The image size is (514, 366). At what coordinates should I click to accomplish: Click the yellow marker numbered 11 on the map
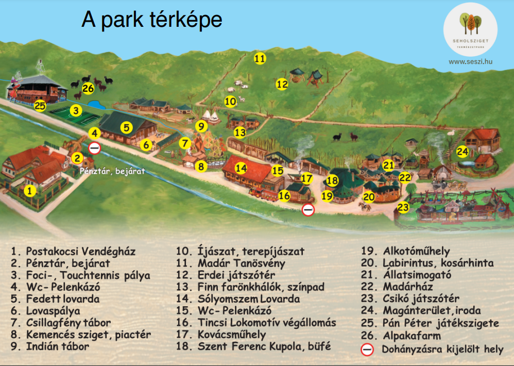(260, 59)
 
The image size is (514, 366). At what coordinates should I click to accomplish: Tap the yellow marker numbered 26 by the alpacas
(88, 89)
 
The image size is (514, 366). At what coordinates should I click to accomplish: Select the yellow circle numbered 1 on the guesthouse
(30, 191)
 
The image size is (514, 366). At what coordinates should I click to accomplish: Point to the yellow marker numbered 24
(462, 152)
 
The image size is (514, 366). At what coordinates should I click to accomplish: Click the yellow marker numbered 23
(403, 208)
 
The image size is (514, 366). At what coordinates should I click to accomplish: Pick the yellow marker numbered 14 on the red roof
(242, 168)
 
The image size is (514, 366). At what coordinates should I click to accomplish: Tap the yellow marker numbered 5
(126, 126)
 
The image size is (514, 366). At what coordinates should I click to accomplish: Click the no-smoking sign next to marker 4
(95, 148)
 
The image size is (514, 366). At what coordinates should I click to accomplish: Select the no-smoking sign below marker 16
(308, 209)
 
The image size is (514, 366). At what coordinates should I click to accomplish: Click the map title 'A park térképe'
(152, 20)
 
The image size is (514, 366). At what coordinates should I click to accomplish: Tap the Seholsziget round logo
(470, 29)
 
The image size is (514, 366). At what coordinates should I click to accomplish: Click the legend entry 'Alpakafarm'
(406, 335)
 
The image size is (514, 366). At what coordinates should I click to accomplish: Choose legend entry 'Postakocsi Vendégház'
(73, 252)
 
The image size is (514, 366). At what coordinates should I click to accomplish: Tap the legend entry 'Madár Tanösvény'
(235, 263)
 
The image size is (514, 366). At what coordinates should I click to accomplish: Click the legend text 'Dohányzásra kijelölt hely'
(442, 349)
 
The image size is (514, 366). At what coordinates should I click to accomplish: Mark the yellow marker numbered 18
(332, 180)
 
